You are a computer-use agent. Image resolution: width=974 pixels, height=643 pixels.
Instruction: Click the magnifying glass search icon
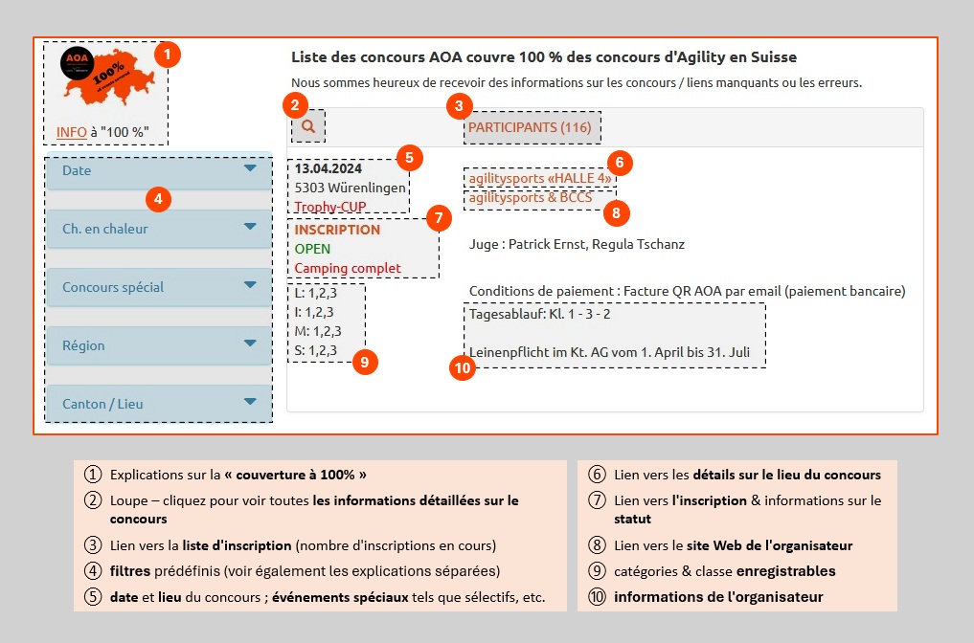[308, 125]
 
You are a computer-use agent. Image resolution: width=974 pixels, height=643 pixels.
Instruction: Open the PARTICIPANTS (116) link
[530, 127]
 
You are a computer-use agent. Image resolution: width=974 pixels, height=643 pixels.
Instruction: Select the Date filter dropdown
[159, 170]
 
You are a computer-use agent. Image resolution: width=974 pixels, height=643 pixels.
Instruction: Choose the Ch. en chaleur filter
[159, 229]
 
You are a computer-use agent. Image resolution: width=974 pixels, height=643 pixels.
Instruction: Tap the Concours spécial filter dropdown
[159, 287]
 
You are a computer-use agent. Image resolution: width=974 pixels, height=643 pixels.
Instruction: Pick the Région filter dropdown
[159, 345]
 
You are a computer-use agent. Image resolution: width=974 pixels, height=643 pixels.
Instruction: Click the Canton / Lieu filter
[159, 404]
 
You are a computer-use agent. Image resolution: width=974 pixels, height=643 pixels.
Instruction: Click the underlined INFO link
[72, 132]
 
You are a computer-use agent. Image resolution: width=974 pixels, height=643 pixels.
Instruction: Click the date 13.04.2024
[328, 169]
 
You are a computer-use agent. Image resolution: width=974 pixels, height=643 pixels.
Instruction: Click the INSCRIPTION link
[337, 230]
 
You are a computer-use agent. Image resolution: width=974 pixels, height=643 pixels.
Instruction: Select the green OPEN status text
[312, 249]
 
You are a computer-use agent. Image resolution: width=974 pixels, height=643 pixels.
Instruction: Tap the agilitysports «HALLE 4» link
[540, 178]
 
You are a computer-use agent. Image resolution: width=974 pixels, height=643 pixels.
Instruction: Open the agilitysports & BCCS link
[531, 199]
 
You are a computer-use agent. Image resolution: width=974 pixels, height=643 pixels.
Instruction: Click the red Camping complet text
[348, 268]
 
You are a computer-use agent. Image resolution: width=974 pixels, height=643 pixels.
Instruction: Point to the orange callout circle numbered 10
[463, 367]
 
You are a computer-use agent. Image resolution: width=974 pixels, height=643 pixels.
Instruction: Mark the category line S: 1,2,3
[316, 350]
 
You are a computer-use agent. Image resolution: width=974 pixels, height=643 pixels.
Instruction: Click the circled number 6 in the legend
[597, 475]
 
